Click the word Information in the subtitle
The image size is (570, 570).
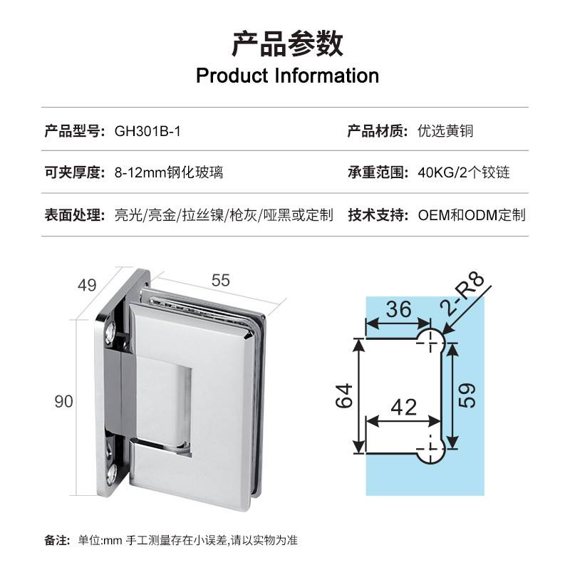(x=327, y=76)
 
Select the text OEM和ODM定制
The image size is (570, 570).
(x=471, y=214)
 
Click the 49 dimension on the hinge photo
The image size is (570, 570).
(x=87, y=286)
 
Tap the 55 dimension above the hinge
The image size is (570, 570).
(x=221, y=280)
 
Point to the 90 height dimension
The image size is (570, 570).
(x=64, y=401)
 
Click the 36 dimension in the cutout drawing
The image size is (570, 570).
(x=399, y=310)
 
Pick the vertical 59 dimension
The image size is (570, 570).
(x=468, y=392)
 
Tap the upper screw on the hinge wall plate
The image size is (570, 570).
(x=110, y=332)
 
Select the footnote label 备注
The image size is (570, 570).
(x=56, y=539)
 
